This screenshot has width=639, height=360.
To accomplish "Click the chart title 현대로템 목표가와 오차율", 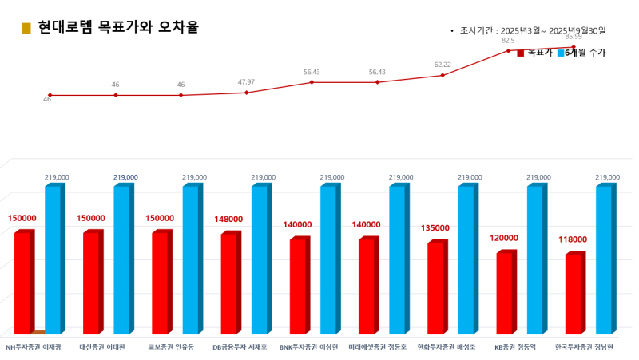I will pyautogui.click(x=118, y=28).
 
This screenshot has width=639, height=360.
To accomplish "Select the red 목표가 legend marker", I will pyautogui.click(x=521, y=53).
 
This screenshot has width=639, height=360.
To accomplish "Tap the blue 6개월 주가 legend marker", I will pyautogui.click(x=560, y=53).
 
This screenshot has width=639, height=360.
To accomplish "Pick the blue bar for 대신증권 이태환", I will pyautogui.click(x=121, y=259).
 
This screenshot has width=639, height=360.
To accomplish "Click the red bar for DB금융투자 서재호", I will pyautogui.click(x=228, y=283).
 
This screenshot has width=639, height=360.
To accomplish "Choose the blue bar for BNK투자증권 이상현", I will pyautogui.click(x=327, y=259).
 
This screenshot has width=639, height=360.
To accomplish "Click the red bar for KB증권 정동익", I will pyautogui.click(x=504, y=293).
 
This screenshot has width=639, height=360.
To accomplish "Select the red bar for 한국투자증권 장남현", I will pyautogui.click(x=573, y=294).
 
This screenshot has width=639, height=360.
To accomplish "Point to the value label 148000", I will pyautogui.click(x=228, y=219).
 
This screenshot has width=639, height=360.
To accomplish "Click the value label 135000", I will pyautogui.click(x=435, y=227).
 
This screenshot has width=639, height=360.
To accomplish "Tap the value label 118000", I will pyautogui.click(x=573, y=239).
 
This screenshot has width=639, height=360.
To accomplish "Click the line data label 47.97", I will pyautogui.click(x=246, y=82).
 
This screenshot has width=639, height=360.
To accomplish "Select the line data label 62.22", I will pyautogui.click(x=443, y=65).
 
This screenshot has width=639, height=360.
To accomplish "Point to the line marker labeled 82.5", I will pyautogui.click(x=508, y=50).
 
